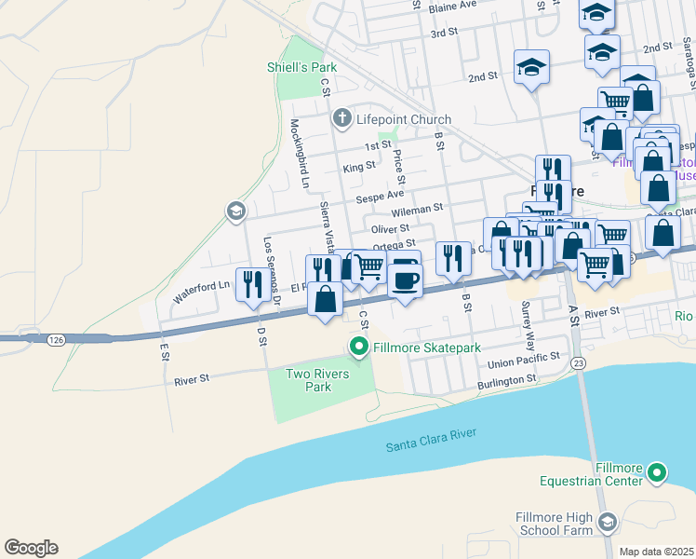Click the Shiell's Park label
click(x=301, y=67)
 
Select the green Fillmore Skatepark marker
click(x=359, y=348)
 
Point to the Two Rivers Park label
click(x=309, y=380)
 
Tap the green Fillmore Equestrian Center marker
click(x=657, y=472)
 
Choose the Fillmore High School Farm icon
click(x=608, y=521)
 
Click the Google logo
click(x=31, y=548)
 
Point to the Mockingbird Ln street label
click(x=300, y=153)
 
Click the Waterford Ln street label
click(x=200, y=292)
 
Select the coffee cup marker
click(x=405, y=279)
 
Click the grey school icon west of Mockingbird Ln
click(x=235, y=211)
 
